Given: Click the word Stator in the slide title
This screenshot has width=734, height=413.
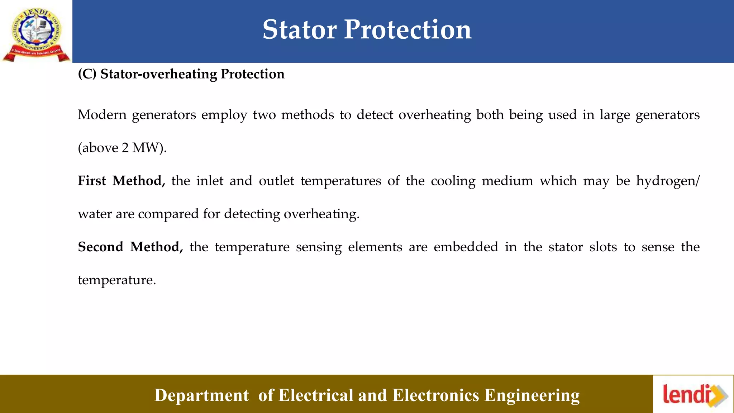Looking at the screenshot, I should coord(299,29).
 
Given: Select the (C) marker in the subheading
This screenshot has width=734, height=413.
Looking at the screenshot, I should coord(87,74).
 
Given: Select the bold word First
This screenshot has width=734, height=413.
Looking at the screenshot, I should coord(92,181).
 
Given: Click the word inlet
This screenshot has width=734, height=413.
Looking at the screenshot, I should coord(210,181).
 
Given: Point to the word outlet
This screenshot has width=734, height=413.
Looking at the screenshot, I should coord(276,181).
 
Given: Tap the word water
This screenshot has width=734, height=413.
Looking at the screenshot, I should coord(95,214).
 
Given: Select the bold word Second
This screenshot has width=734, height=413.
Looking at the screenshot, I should coord(100,247).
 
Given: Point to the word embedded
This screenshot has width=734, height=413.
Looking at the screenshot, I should coord(466,247).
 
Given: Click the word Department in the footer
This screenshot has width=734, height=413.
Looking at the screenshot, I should coord(201,395).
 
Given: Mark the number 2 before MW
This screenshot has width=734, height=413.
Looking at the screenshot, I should coord(125,148).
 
